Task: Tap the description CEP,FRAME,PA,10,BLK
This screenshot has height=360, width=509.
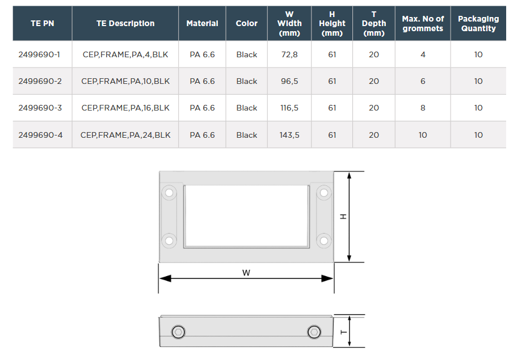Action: coord(125,81)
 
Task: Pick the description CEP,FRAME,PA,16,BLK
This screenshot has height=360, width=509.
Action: coord(125,108)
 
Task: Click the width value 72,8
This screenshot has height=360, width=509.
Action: coord(289,54)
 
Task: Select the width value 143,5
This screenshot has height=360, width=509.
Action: coord(289,135)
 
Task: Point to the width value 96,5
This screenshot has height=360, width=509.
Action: coord(289,81)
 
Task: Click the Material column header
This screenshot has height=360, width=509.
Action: coord(202,23)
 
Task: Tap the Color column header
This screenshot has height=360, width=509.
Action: coord(247,23)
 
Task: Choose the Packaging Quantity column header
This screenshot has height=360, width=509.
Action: coord(478,23)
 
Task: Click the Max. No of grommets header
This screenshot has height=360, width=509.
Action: coord(423,23)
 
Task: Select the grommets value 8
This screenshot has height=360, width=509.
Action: coord(423,108)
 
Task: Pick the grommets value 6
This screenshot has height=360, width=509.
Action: coord(423,81)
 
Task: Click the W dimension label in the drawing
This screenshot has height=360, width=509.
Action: coord(246,273)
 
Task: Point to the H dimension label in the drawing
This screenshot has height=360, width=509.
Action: coord(343,217)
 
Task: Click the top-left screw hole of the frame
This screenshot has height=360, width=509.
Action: coord(169,193)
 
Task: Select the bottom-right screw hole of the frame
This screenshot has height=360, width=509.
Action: coord(324,240)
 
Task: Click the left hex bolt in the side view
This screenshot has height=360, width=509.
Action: coord(178,332)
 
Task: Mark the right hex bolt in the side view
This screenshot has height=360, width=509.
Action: coord(314,332)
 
